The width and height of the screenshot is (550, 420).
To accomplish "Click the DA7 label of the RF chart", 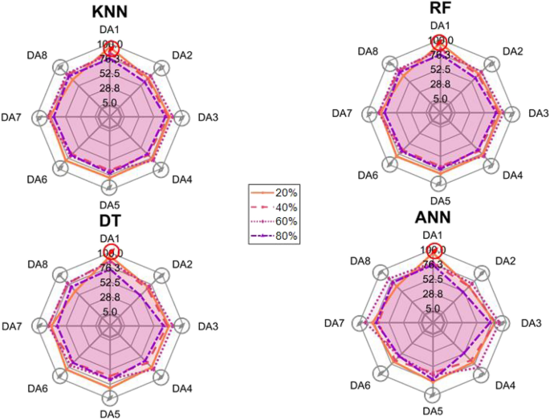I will (x=342, y=113).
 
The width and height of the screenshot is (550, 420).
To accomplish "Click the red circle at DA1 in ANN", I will (x=434, y=250).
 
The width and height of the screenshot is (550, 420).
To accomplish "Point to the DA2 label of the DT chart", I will (x=183, y=265).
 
